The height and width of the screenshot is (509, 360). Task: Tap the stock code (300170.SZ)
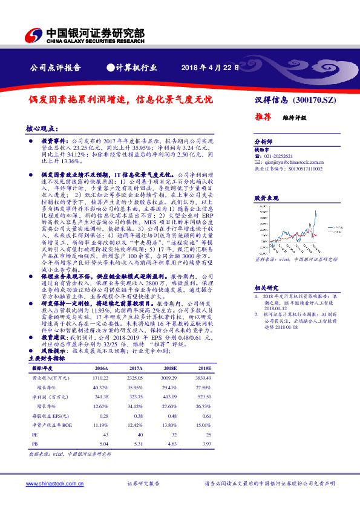tap(310, 100)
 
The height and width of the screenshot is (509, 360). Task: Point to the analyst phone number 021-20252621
tap(281, 156)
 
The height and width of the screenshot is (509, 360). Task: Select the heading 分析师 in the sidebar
tap(263, 140)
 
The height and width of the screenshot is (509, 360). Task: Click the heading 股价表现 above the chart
tap(265, 198)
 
